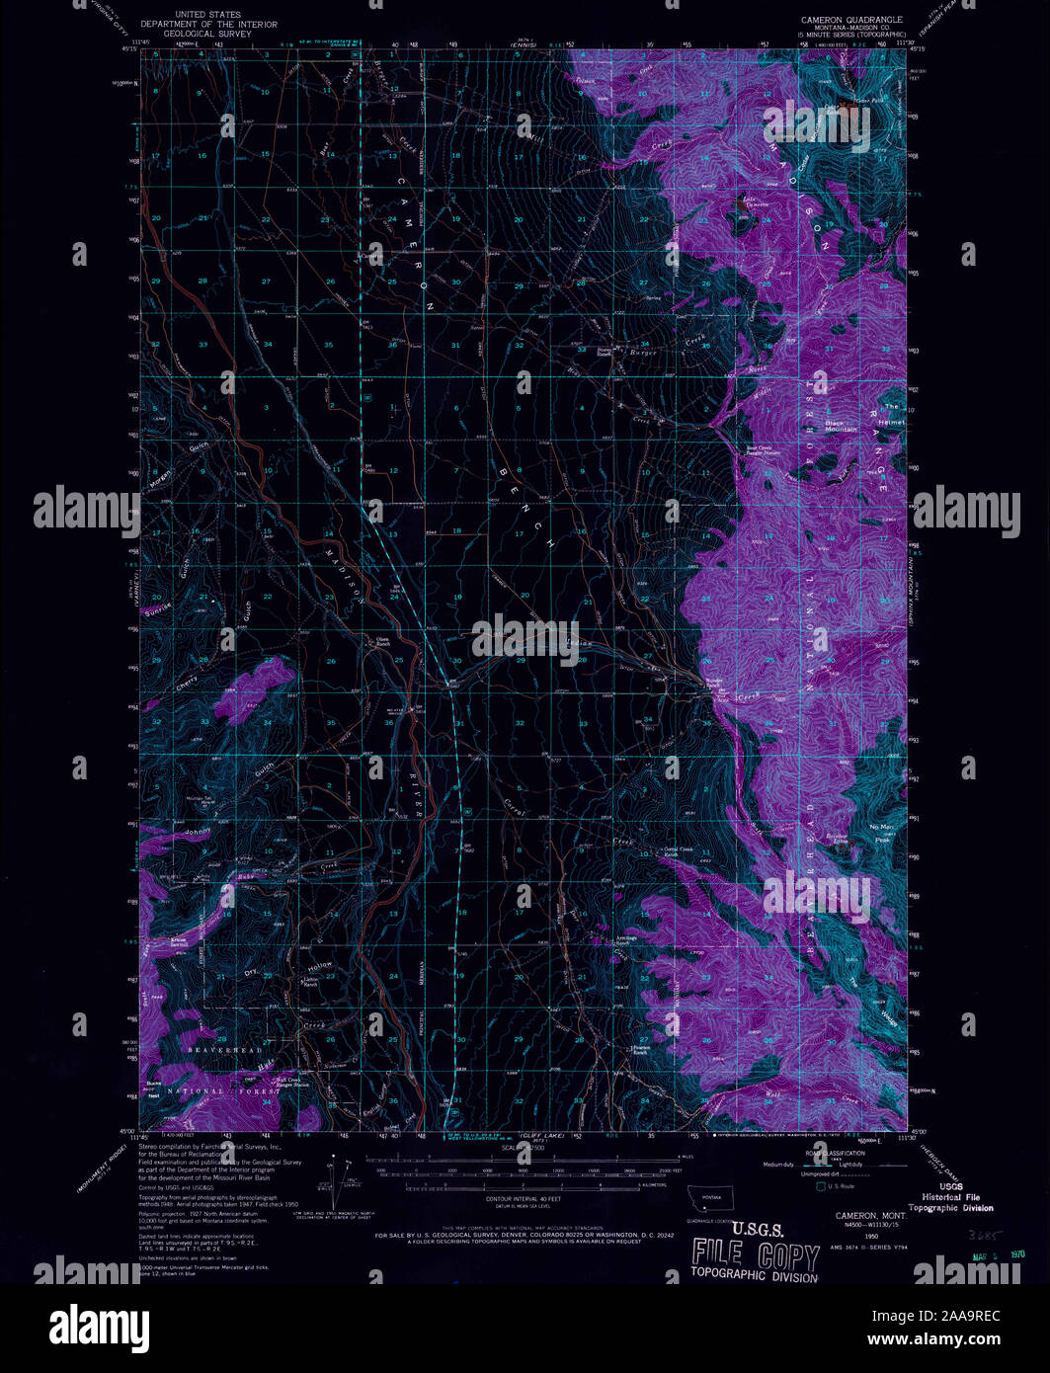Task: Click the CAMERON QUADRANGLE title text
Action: [x=851, y=19]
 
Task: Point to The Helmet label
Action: [x=892, y=415]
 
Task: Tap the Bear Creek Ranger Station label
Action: [x=764, y=450]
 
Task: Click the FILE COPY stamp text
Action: [x=756, y=1256]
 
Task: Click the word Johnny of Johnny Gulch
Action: [x=198, y=833]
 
